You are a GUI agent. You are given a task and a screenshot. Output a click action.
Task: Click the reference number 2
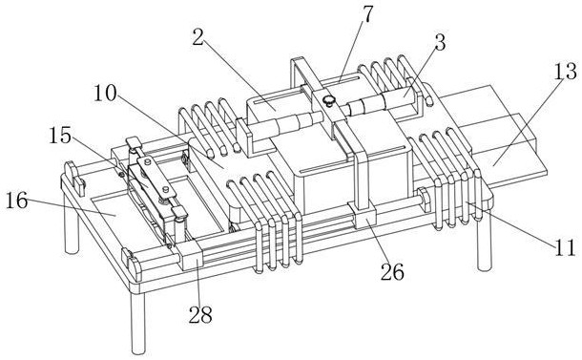pyautogui.click(x=198, y=37)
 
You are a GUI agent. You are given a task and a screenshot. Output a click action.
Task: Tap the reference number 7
pyautogui.click(x=366, y=14)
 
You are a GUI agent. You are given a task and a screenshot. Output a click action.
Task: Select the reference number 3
pyautogui.click(x=440, y=43)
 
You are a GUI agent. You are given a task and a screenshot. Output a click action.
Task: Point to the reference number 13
pyautogui.click(x=565, y=72)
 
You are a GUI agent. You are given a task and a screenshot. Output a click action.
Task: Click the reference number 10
pyautogui.click(x=105, y=94)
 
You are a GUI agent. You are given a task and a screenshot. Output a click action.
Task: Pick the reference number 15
pyautogui.click(x=60, y=136)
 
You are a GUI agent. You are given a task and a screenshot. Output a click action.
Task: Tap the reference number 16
pyautogui.click(x=17, y=201)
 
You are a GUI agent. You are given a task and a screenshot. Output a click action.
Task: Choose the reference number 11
pyautogui.click(x=565, y=247)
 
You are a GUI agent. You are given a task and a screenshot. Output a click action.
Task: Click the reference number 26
pyautogui.click(x=392, y=272)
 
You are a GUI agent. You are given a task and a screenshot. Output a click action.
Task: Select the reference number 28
pyautogui.click(x=200, y=315)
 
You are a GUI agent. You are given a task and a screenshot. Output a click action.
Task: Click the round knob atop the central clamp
pyautogui.click(x=328, y=100)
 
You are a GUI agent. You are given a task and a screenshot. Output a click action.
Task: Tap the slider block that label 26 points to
pyautogui.click(x=364, y=216)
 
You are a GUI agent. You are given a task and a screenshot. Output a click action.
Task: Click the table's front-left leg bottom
pyautogui.click(x=138, y=349)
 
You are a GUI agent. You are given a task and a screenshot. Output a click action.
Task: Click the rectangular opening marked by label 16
pyautogui.click(x=122, y=220)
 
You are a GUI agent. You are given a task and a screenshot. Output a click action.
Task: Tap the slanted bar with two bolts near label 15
pyautogui.click(x=156, y=176)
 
